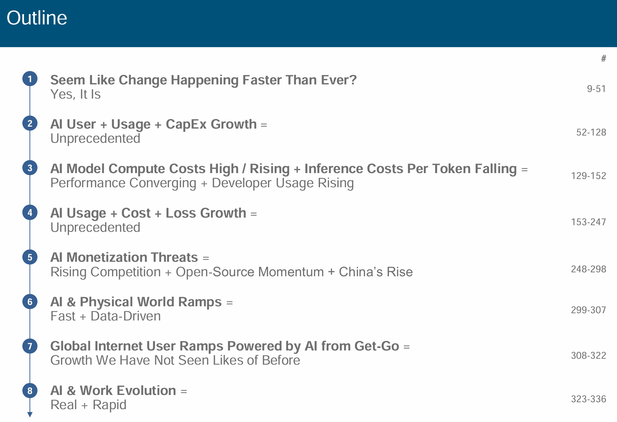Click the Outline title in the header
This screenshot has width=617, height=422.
[x=37, y=18]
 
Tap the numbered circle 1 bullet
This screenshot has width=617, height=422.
[x=30, y=79]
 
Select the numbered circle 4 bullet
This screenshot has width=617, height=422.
[x=30, y=212]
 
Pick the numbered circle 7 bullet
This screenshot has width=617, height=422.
[x=30, y=346]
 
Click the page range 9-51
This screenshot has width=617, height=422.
[x=596, y=89]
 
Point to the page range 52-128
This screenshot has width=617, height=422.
[x=591, y=132]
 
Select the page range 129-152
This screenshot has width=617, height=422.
[x=588, y=176]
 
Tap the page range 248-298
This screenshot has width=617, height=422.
[x=588, y=269]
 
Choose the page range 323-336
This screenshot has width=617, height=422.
[x=588, y=399]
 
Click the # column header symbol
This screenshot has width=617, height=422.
[x=603, y=59]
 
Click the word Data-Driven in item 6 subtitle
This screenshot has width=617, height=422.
[x=126, y=316]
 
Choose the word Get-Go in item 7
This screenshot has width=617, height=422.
[x=377, y=346]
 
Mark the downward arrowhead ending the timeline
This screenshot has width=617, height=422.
[x=30, y=415]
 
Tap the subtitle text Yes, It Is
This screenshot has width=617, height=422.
[x=75, y=95]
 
